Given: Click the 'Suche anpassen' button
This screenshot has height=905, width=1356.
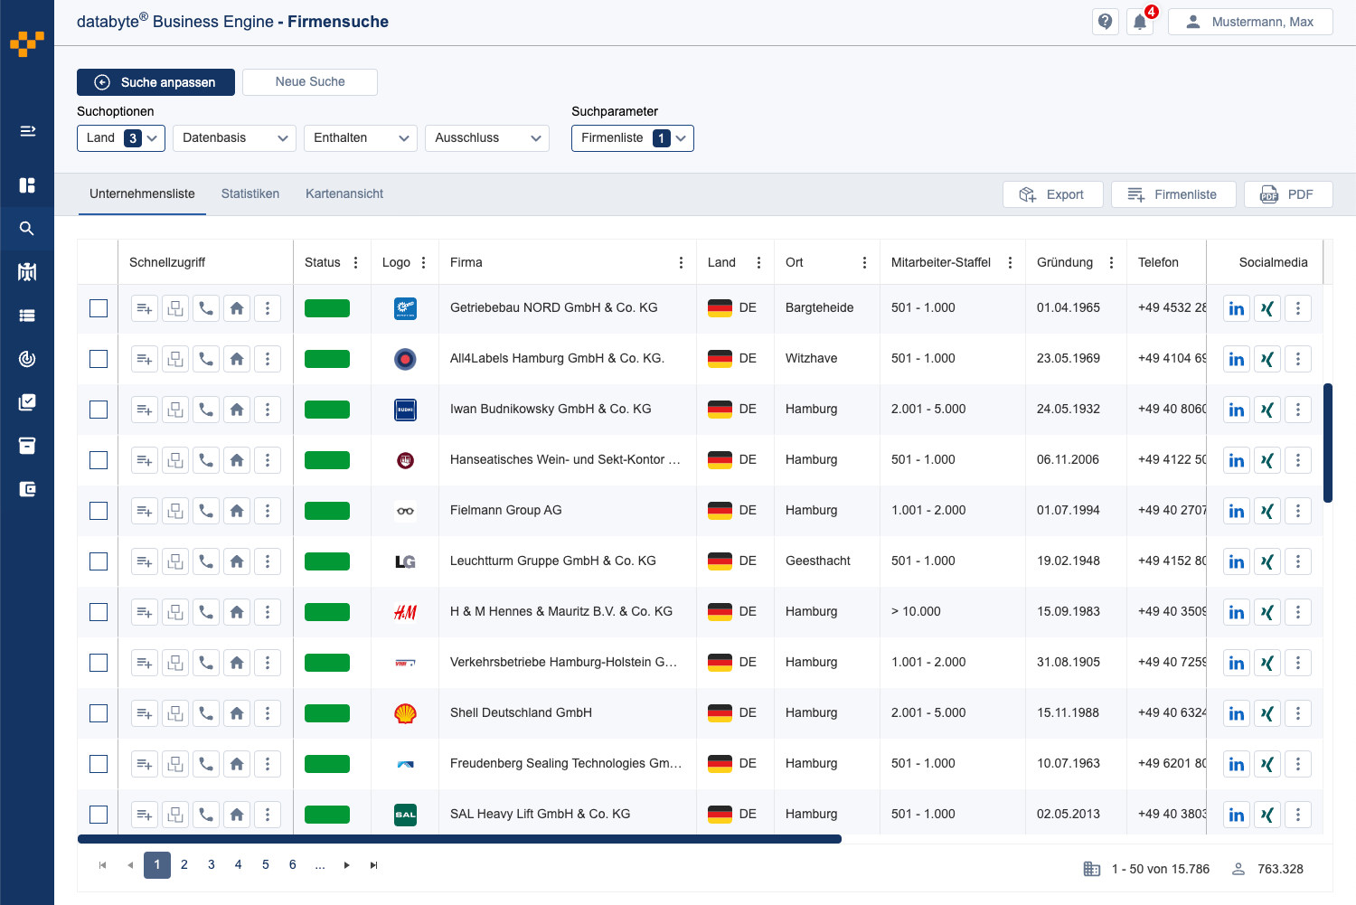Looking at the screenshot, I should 155,82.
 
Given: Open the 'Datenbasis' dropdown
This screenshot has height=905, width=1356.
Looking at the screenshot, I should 234,138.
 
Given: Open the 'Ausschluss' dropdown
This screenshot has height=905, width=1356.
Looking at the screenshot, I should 486,138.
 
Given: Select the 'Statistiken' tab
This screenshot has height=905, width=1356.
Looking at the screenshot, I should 250,194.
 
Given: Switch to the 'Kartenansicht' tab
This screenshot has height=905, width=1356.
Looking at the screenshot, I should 344,194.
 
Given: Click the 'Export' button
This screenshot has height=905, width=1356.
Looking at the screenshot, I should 1052,194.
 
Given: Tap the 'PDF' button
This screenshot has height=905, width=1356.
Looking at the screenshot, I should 1287,194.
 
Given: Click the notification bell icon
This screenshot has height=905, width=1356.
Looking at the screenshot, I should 1140,23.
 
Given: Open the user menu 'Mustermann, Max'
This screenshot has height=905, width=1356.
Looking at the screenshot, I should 1250,22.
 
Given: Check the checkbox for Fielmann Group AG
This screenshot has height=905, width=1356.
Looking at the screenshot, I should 99,511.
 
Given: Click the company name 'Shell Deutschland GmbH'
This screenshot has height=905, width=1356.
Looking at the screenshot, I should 521,713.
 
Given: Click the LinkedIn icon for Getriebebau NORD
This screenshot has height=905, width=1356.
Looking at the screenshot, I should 1236,308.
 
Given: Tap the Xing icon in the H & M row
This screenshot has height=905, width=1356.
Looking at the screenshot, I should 1267,612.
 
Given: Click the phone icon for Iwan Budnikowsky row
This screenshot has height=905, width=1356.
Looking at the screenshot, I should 206,410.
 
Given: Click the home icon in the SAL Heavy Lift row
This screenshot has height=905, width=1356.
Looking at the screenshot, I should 237,815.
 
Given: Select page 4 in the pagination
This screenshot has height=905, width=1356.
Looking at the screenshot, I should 239,865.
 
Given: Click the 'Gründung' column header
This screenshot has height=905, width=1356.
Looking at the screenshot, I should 1064,263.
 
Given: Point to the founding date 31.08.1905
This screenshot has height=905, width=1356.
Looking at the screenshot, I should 1068,663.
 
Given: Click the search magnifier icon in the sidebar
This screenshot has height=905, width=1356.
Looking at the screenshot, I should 27,229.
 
